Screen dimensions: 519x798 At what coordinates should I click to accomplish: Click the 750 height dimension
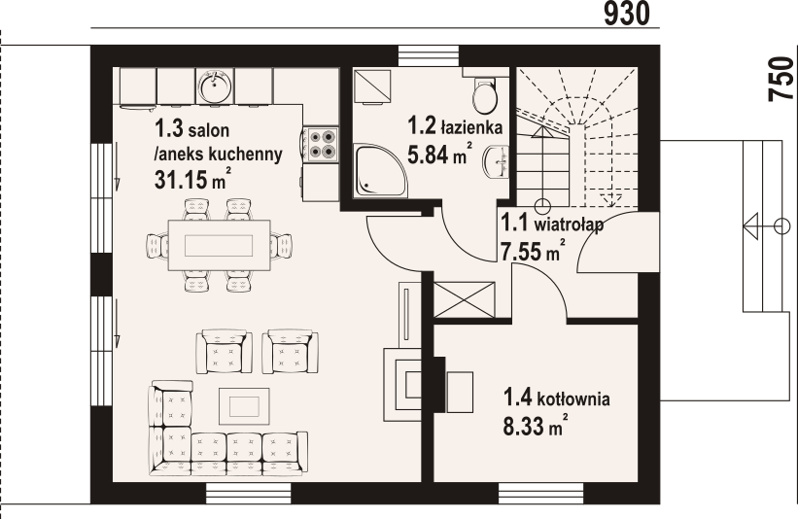click(781, 80)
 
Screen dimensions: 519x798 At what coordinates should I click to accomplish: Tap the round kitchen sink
click(214, 88)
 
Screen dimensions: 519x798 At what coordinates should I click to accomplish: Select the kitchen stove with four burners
click(321, 144)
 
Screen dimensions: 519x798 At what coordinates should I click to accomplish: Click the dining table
click(220, 243)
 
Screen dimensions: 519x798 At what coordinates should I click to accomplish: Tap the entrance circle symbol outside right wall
click(781, 226)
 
